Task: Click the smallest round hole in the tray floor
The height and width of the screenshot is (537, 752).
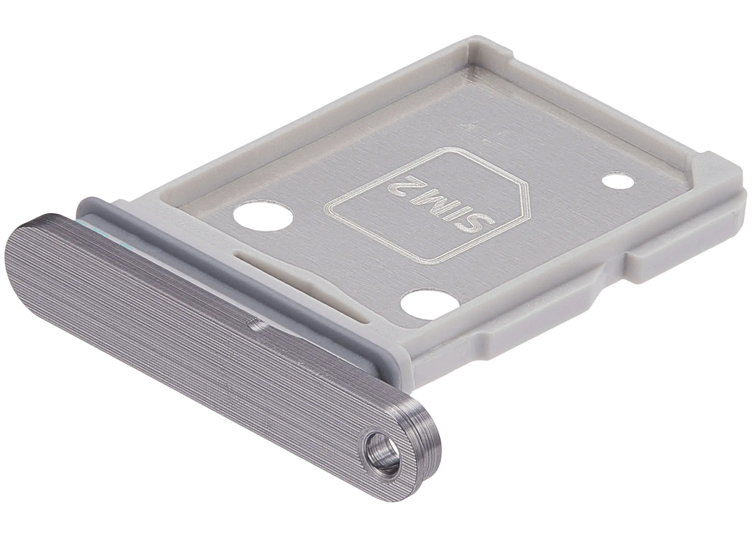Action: coord(618,181)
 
